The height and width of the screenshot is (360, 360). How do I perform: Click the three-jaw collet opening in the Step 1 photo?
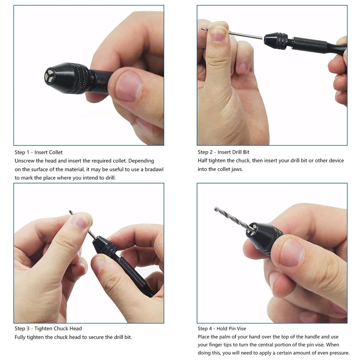coord(49,76)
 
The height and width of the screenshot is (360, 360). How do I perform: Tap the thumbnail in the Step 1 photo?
coord(128,86)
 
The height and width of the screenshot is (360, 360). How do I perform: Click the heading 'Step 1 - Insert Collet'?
coord(39,152)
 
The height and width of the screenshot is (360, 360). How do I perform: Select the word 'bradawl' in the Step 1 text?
coord(154,170)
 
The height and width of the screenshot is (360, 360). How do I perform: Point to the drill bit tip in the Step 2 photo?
coord(202,29)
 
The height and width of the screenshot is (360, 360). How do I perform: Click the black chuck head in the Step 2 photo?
coord(276,41)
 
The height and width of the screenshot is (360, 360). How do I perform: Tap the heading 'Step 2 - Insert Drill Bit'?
coord(223,152)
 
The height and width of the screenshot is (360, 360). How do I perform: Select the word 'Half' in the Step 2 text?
coord(202,161)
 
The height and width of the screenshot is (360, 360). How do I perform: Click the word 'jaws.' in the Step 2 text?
coord(237,170)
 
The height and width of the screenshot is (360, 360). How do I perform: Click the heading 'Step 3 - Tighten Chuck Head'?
coord(48,328)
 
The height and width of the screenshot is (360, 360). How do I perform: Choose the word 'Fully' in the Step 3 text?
coord(20,337)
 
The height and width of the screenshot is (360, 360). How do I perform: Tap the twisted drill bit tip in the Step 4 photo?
coord(216,209)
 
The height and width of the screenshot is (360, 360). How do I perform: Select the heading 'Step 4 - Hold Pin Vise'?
coord(222,328)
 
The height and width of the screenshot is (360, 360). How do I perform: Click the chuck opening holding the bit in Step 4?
coord(252,230)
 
